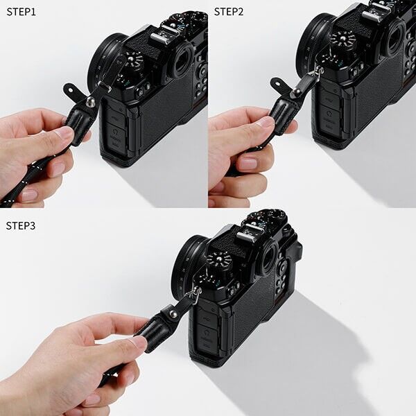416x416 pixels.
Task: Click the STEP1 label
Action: pos(21,11)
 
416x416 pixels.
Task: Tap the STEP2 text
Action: pos(229,11)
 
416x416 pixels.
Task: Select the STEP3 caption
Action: pos(21,225)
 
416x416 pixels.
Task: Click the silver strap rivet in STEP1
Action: pos(90,102)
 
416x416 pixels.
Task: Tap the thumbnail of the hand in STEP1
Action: pos(65,132)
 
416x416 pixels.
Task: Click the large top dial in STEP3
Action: pos(220,263)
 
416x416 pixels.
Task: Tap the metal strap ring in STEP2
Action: pos(320,70)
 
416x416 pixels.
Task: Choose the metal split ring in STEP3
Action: pos(197,294)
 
